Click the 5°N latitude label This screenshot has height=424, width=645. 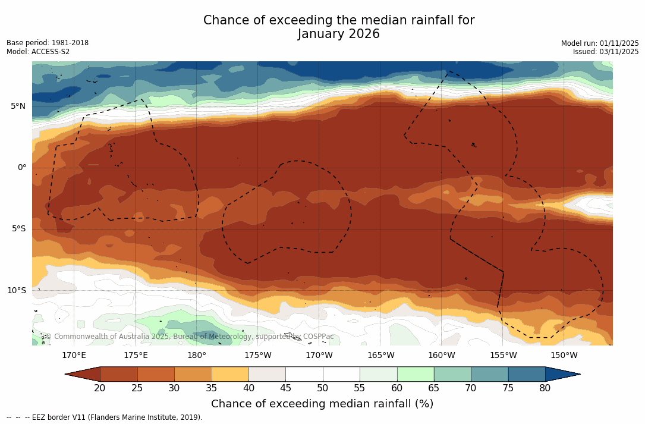[x=18, y=106]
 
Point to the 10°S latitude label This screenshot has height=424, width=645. [x=16, y=290]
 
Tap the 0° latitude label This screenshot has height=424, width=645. [x=21, y=167]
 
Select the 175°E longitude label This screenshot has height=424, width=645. [x=136, y=356]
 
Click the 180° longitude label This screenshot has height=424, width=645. [x=197, y=356]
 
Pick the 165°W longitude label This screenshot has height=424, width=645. [x=380, y=356]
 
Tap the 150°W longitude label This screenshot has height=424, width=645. [x=564, y=356]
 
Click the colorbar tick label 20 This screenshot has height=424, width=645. [x=100, y=388]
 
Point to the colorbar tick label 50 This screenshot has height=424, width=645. [x=323, y=388]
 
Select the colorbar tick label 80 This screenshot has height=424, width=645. [x=545, y=388]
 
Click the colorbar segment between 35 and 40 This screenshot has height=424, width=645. [x=230, y=374]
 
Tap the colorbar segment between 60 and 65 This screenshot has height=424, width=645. [x=416, y=374]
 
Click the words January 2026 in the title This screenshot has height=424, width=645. [x=339, y=34]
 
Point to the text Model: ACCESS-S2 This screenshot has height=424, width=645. [x=38, y=52]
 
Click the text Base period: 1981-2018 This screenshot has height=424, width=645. [x=48, y=43]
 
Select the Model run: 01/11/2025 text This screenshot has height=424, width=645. [x=600, y=43]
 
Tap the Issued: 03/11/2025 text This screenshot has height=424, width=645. [x=606, y=52]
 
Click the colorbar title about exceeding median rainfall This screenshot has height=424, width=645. [x=322, y=404]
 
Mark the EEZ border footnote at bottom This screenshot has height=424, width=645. [x=105, y=417]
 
